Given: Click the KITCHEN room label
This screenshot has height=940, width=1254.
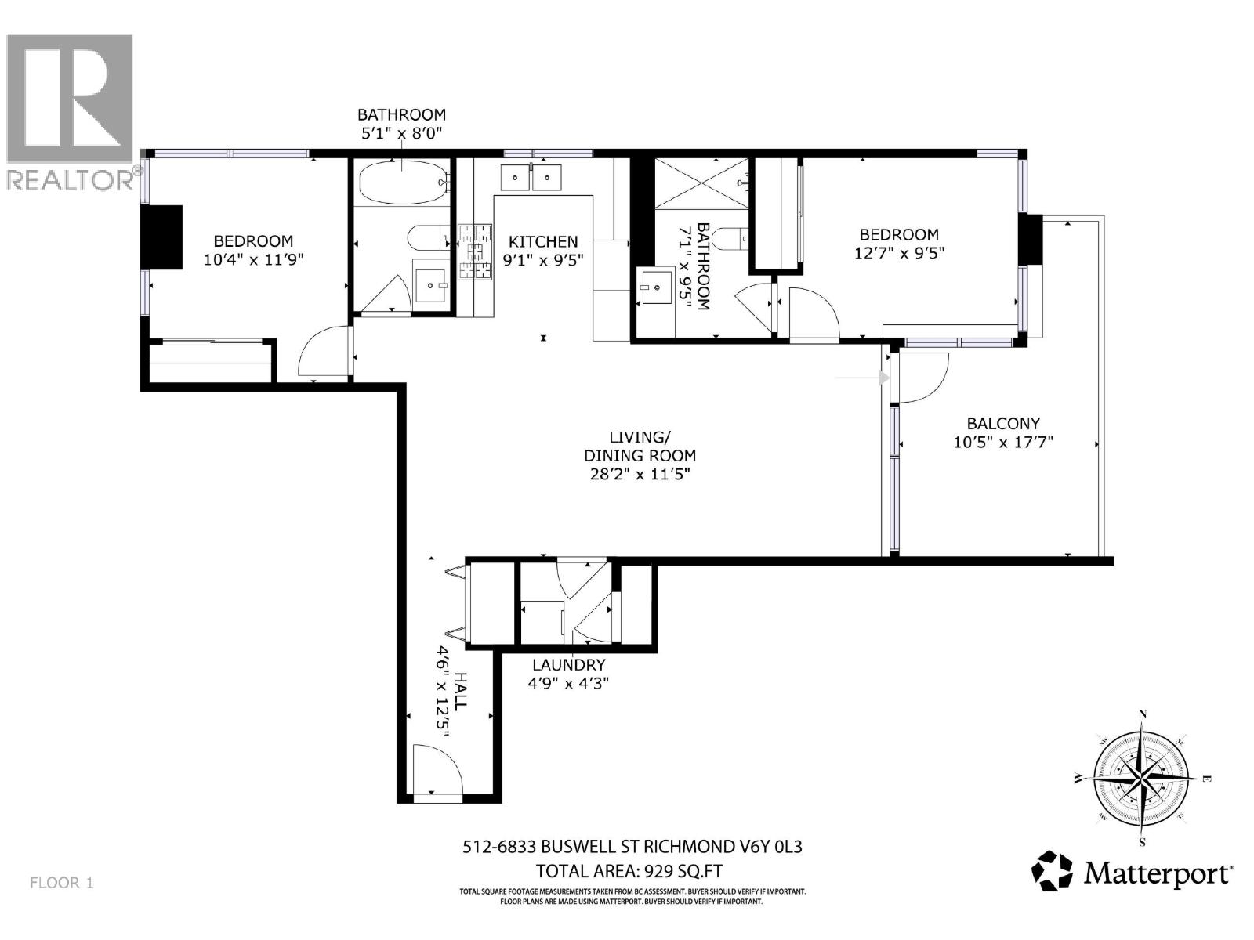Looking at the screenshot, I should pyautogui.click(x=543, y=242).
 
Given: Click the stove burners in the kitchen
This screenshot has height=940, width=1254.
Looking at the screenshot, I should pyautogui.click(x=475, y=244).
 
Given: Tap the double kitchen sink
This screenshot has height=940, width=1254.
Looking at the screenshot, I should pyautogui.click(x=531, y=178).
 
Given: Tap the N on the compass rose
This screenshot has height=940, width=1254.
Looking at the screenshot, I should pyautogui.click(x=1143, y=714).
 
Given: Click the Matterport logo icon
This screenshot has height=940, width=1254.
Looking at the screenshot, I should pyautogui.click(x=1052, y=872).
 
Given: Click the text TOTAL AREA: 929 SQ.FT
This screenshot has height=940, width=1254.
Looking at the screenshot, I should pyautogui.click(x=629, y=870).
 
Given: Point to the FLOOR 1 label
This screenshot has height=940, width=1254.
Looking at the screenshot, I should pyautogui.click(x=61, y=883).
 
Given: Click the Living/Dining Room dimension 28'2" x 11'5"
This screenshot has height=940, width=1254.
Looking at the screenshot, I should pyautogui.click(x=640, y=474).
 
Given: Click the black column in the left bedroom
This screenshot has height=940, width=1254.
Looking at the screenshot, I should pyautogui.click(x=162, y=237).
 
